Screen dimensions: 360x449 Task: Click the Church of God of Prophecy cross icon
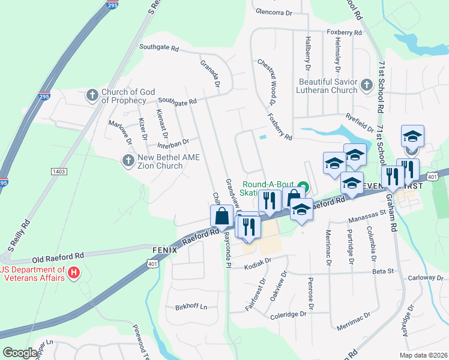click(92, 95)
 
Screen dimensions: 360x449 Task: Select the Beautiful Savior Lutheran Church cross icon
click(367, 86)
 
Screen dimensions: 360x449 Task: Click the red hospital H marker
click(74, 273)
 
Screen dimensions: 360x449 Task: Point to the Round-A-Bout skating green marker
click(303, 185)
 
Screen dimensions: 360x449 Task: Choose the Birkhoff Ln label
click(191, 307)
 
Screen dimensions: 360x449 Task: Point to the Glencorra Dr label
click(273, 11)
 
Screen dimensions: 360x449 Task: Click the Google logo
click(20, 353)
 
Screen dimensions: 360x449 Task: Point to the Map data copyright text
click(423, 355)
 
